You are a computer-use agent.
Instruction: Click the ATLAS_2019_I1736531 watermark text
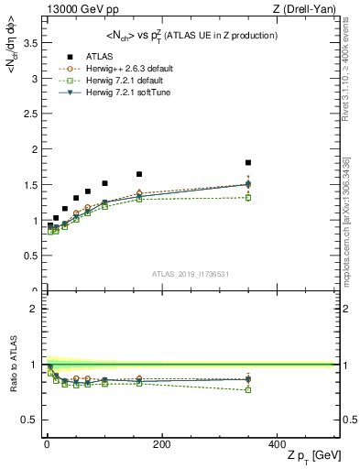pos(191,274)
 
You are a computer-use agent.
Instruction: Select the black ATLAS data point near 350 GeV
pos(248,163)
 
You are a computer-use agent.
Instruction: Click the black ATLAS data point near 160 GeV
pos(139,174)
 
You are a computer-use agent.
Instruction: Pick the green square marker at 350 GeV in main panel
pos(248,198)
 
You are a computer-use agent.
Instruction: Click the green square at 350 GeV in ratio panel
pos(248,390)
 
